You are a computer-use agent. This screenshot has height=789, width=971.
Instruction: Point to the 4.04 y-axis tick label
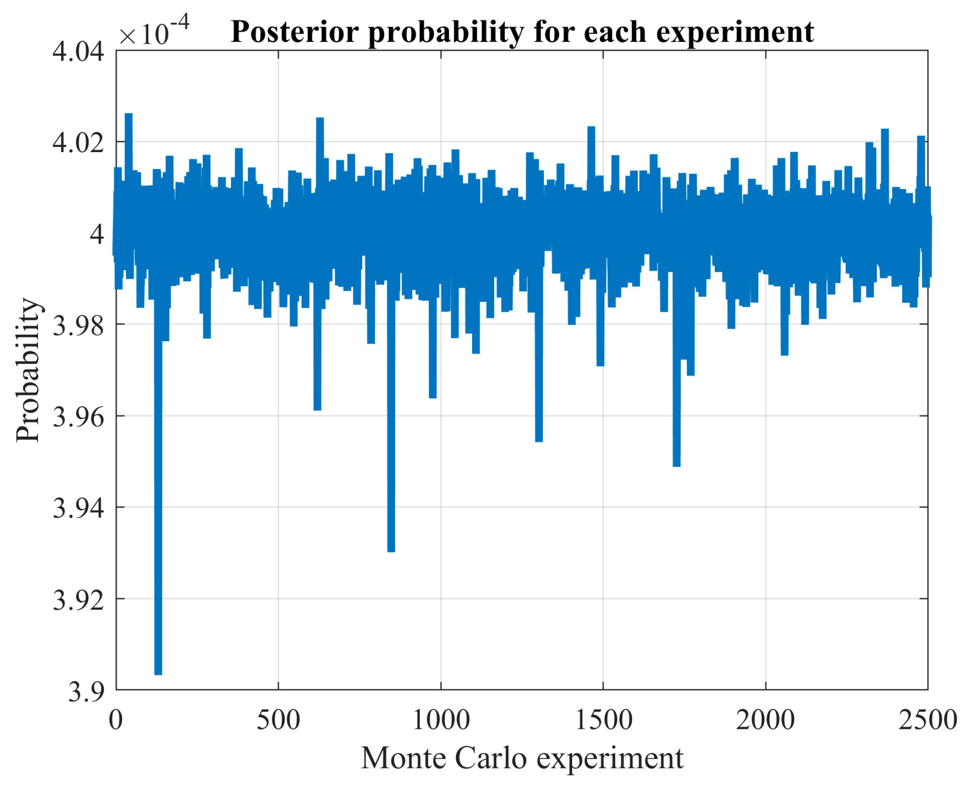tap(78, 51)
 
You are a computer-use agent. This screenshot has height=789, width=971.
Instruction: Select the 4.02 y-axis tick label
tap(78, 142)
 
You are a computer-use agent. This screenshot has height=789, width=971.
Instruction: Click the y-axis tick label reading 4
tap(97, 234)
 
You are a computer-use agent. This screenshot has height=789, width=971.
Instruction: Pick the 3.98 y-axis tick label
tap(78, 325)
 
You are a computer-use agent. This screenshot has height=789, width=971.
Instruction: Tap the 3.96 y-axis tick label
tap(78, 416)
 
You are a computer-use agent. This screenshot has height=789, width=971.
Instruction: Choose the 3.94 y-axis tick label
tap(78, 508)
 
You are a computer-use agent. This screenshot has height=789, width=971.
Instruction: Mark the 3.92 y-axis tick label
tap(78, 599)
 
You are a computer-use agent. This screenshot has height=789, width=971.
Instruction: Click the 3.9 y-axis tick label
tap(86, 691)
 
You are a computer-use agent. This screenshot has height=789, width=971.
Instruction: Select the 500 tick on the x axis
tap(278, 720)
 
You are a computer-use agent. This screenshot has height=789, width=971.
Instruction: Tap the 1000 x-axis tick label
tap(441, 720)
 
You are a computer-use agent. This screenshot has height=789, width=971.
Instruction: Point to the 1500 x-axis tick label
tap(603, 720)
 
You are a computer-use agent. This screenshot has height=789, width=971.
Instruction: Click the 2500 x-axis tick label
tap(927, 720)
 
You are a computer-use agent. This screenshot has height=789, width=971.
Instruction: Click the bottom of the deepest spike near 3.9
tap(158, 673)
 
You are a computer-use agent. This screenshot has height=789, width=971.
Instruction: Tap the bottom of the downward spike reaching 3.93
tap(391, 550)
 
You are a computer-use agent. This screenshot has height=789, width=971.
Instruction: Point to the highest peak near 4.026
tap(128, 115)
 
